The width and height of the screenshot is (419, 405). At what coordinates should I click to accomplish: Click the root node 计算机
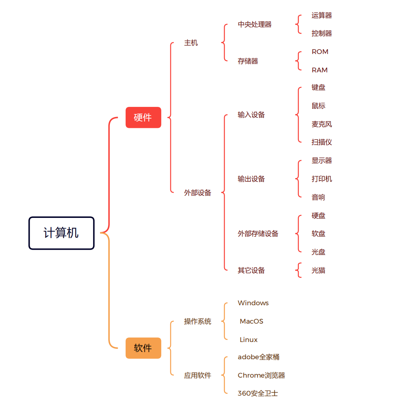coord(61,233)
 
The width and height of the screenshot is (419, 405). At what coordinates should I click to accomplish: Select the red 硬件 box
coord(143,117)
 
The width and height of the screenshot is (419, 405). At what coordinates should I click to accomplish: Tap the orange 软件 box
coord(143,348)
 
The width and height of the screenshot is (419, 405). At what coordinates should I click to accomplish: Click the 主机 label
coord(191,43)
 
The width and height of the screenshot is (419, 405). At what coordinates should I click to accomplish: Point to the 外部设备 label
coord(197,193)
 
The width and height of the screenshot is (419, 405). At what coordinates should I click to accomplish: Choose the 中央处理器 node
coord(254,24)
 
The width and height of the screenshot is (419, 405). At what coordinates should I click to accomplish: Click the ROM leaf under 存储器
coord(320,52)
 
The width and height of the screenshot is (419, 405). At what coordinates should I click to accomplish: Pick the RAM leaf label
coord(320,70)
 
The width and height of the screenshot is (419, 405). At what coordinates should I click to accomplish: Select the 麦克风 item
coord(321,124)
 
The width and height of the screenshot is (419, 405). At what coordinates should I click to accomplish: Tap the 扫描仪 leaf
coord(321,142)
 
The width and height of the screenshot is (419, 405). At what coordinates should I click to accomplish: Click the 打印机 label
coord(321,179)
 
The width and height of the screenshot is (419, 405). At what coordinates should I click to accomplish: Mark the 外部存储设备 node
coord(258,234)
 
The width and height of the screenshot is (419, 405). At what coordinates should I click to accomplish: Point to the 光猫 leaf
coord(318,270)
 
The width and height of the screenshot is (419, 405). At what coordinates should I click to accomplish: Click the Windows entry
coord(253,303)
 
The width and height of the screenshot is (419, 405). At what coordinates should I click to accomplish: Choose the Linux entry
coord(248,340)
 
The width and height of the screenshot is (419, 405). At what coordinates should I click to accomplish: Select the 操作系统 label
coord(197,321)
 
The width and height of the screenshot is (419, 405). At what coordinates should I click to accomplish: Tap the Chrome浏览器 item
coord(261,375)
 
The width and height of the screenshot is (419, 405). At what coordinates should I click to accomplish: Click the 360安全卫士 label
coord(258,393)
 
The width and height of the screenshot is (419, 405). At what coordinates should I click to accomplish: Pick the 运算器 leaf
coord(321,15)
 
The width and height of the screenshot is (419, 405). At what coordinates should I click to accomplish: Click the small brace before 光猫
coord(299,270)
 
